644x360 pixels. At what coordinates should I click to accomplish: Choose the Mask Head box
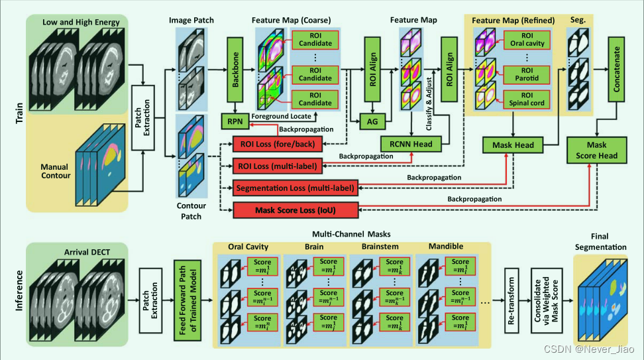(513, 144)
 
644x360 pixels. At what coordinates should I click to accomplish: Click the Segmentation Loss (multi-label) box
(295, 188)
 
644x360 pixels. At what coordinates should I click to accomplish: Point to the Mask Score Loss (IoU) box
(295, 211)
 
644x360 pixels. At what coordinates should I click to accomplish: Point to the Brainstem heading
(380, 247)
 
